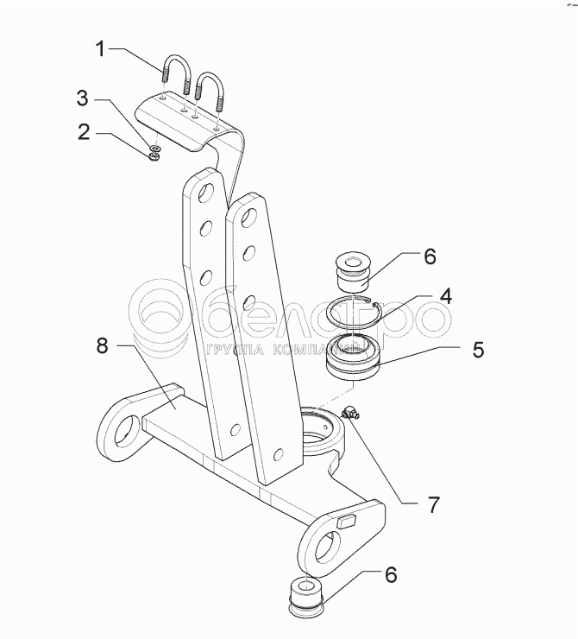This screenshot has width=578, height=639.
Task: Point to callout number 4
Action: click(x=444, y=295)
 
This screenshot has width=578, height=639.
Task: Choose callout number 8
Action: click(x=102, y=346)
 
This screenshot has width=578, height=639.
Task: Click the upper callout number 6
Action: click(x=429, y=256)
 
